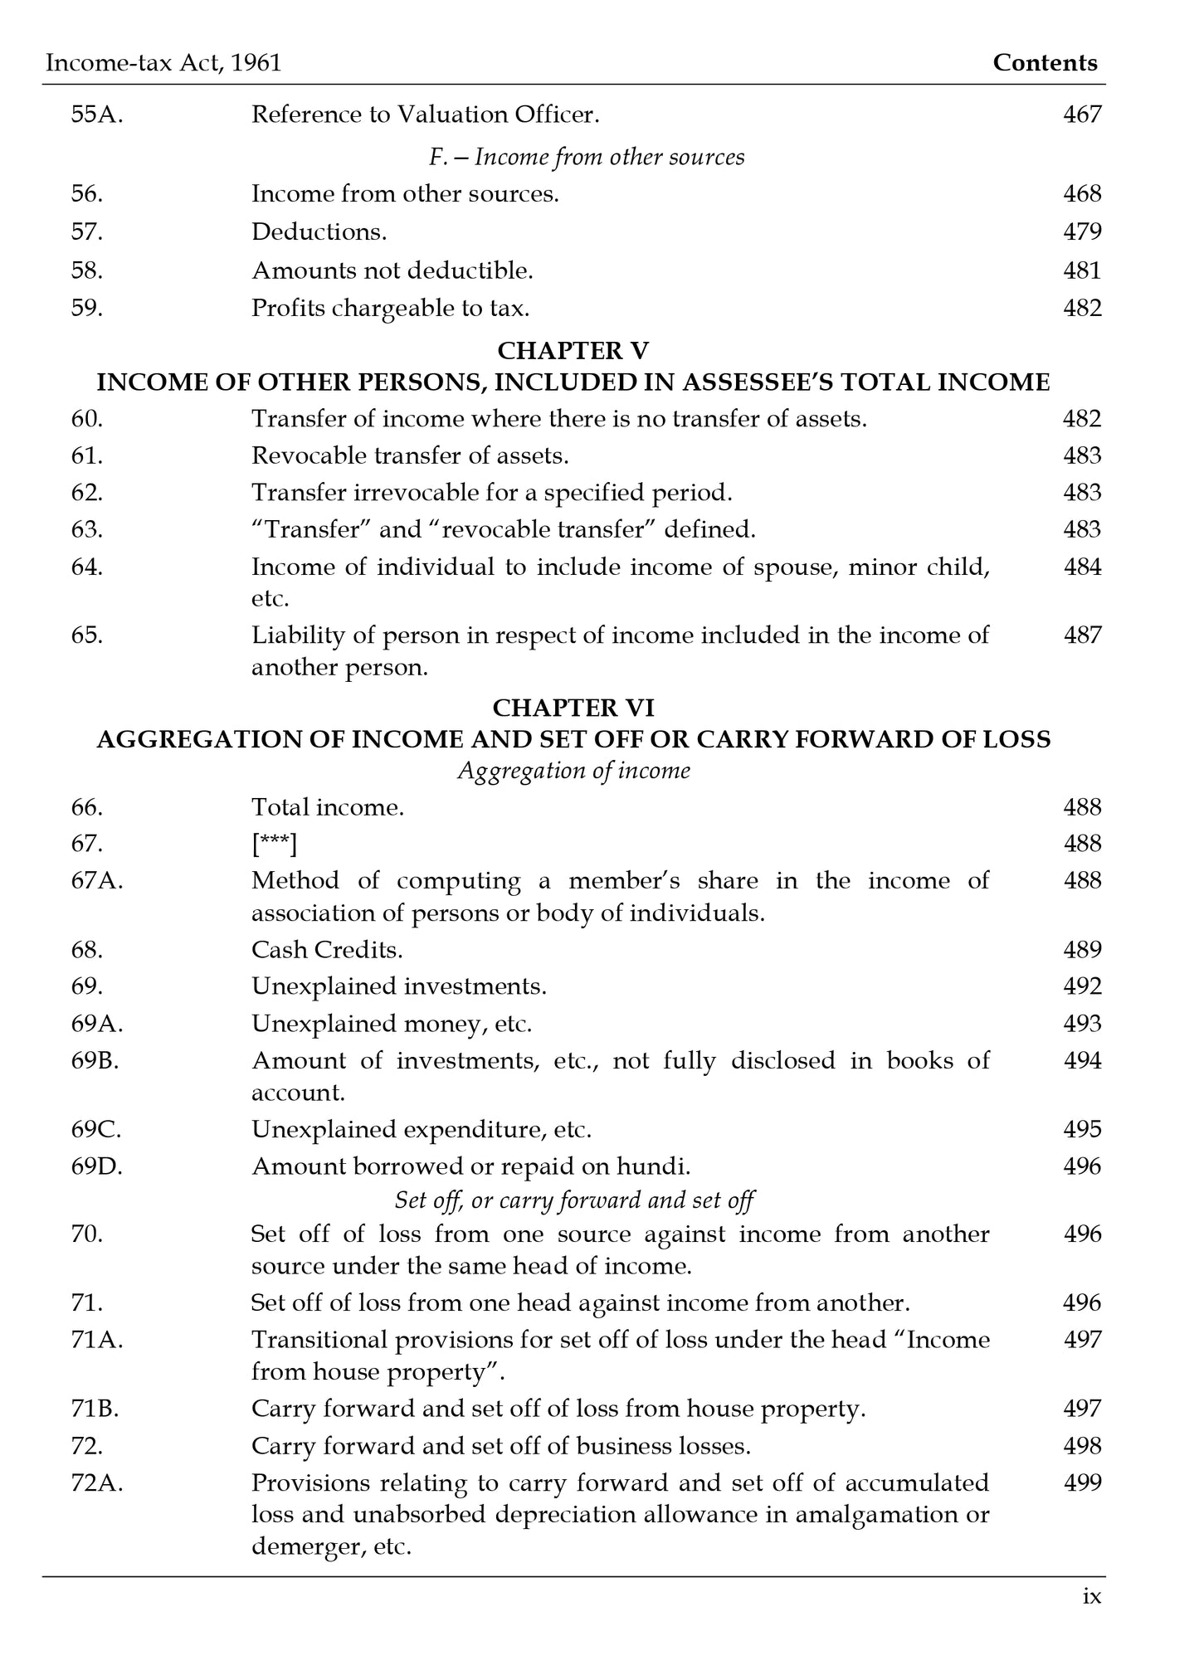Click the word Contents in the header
pos(1045,63)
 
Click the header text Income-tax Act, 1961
pos(163,63)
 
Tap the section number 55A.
pos(96,114)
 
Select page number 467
pos(1082,114)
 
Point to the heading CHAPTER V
pos(573,351)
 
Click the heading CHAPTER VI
pos(573,708)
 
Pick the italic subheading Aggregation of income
pos(573,771)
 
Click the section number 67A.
pos(96,880)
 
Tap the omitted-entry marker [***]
pos(274,844)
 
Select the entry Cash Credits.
pos(327,950)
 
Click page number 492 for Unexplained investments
pos(1082,986)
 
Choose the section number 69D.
pos(96,1166)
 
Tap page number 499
pos(1082,1482)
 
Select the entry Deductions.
pos(319,231)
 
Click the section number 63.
pos(86,529)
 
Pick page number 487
pos(1082,635)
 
